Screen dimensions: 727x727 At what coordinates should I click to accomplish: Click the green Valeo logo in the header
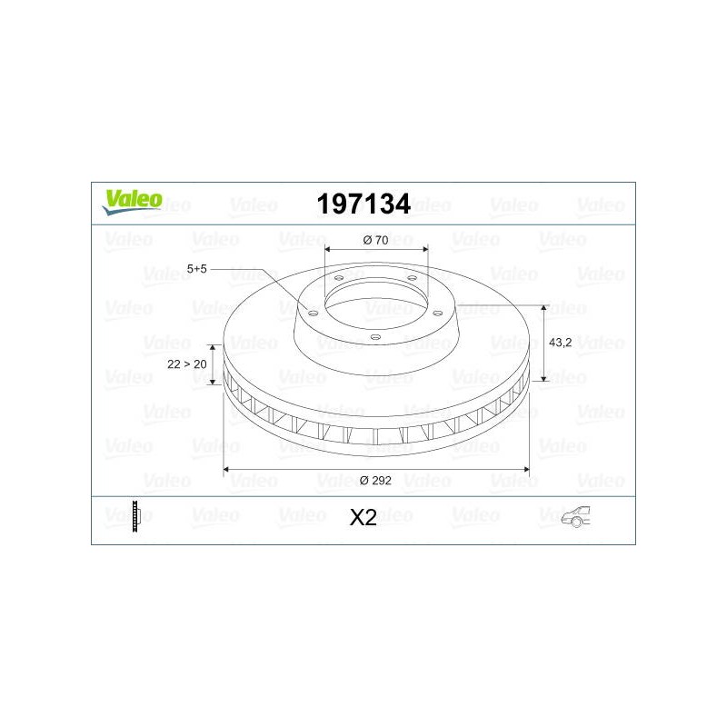click(133, 202)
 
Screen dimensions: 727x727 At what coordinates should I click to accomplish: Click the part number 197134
click(363, 204)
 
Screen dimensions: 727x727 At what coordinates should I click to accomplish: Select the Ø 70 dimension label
click(375, 240)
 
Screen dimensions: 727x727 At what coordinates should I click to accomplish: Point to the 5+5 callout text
click(196, 269)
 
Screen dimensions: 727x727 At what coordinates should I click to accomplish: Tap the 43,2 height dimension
click(560, 343)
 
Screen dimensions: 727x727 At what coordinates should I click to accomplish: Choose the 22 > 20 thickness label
click(187, 364)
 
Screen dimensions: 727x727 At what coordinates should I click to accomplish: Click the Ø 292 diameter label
click(375, 481)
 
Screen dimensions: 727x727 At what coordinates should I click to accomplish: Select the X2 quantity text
click(363, 517)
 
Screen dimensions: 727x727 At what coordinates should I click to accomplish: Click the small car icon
click(576, 516)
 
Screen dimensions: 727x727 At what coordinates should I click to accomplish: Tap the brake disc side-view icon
click(135, 516)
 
